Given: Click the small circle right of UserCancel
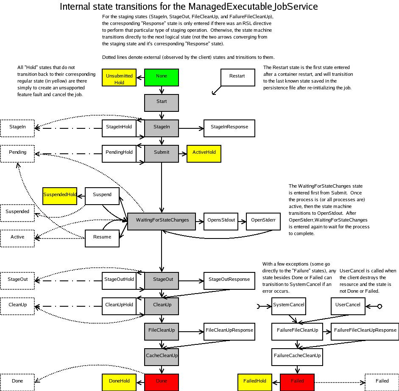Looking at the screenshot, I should coord(380,306).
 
